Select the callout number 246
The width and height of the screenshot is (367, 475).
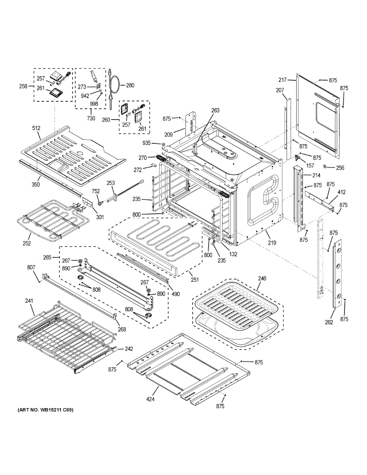[x=262, y=278]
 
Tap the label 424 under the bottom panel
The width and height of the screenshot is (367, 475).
[x=150, y=399]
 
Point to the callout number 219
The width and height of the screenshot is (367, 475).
[x=272, y=243]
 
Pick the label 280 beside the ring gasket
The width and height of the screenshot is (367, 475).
[x=130, y=85]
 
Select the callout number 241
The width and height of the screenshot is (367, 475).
[x=29, y=300]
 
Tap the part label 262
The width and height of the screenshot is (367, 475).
[x=329, y=322]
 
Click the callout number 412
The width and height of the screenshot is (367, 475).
[x=342, y=192]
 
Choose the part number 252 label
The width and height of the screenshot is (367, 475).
[x=27, y=243]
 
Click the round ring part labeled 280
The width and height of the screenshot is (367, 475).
[x=116, y=85]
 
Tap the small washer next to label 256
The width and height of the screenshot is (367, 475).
[x=325, y=166]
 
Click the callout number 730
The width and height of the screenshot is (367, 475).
[x=91, y=118]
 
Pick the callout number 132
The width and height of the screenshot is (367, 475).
[x=233, y=254]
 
